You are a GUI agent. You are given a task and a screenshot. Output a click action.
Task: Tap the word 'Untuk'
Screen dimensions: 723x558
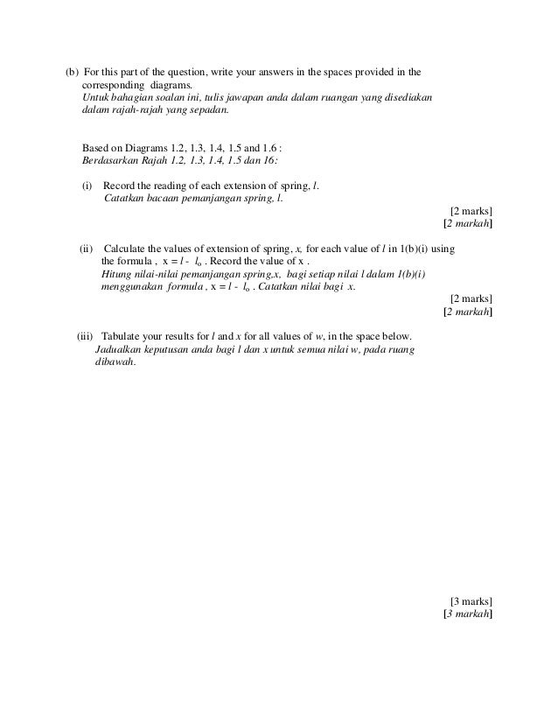pyautogui.click(x=94, y=96)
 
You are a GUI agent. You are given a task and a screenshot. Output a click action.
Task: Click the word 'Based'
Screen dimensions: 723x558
pyautogui.click(x=94, y=150)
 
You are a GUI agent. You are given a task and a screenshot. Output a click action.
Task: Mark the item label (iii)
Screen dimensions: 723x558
pyautogui.click(x=85, y=336)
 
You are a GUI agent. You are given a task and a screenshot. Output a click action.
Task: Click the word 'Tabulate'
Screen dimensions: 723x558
pyautogui.click(x=122, y=336)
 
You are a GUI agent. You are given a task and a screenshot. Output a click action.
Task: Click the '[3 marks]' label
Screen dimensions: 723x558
pyautogui.click(x=471, y=601)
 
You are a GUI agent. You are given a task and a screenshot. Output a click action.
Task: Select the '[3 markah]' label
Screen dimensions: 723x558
pyautogui.click(x=468, y=614)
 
